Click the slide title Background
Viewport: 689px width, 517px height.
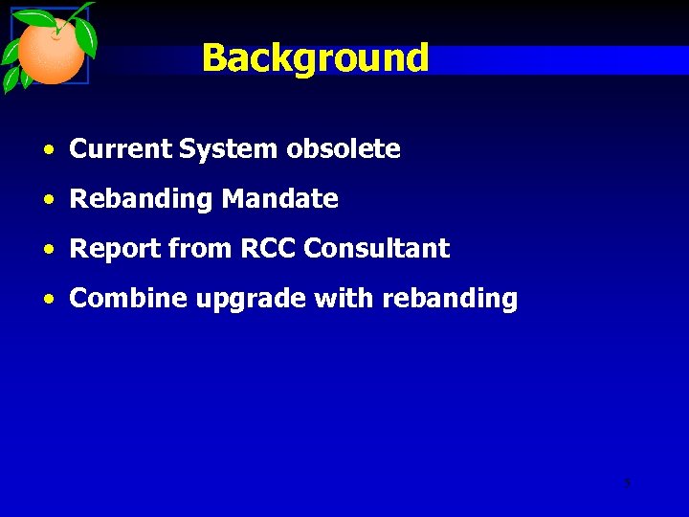[x=315, y=58]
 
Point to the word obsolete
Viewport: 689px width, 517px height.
[x=344, y=149]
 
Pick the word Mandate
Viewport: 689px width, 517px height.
[x=279, y=199]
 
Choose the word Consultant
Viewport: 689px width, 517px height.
[x=376, y=249]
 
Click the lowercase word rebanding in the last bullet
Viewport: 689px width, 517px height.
[x=449, y=300]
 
